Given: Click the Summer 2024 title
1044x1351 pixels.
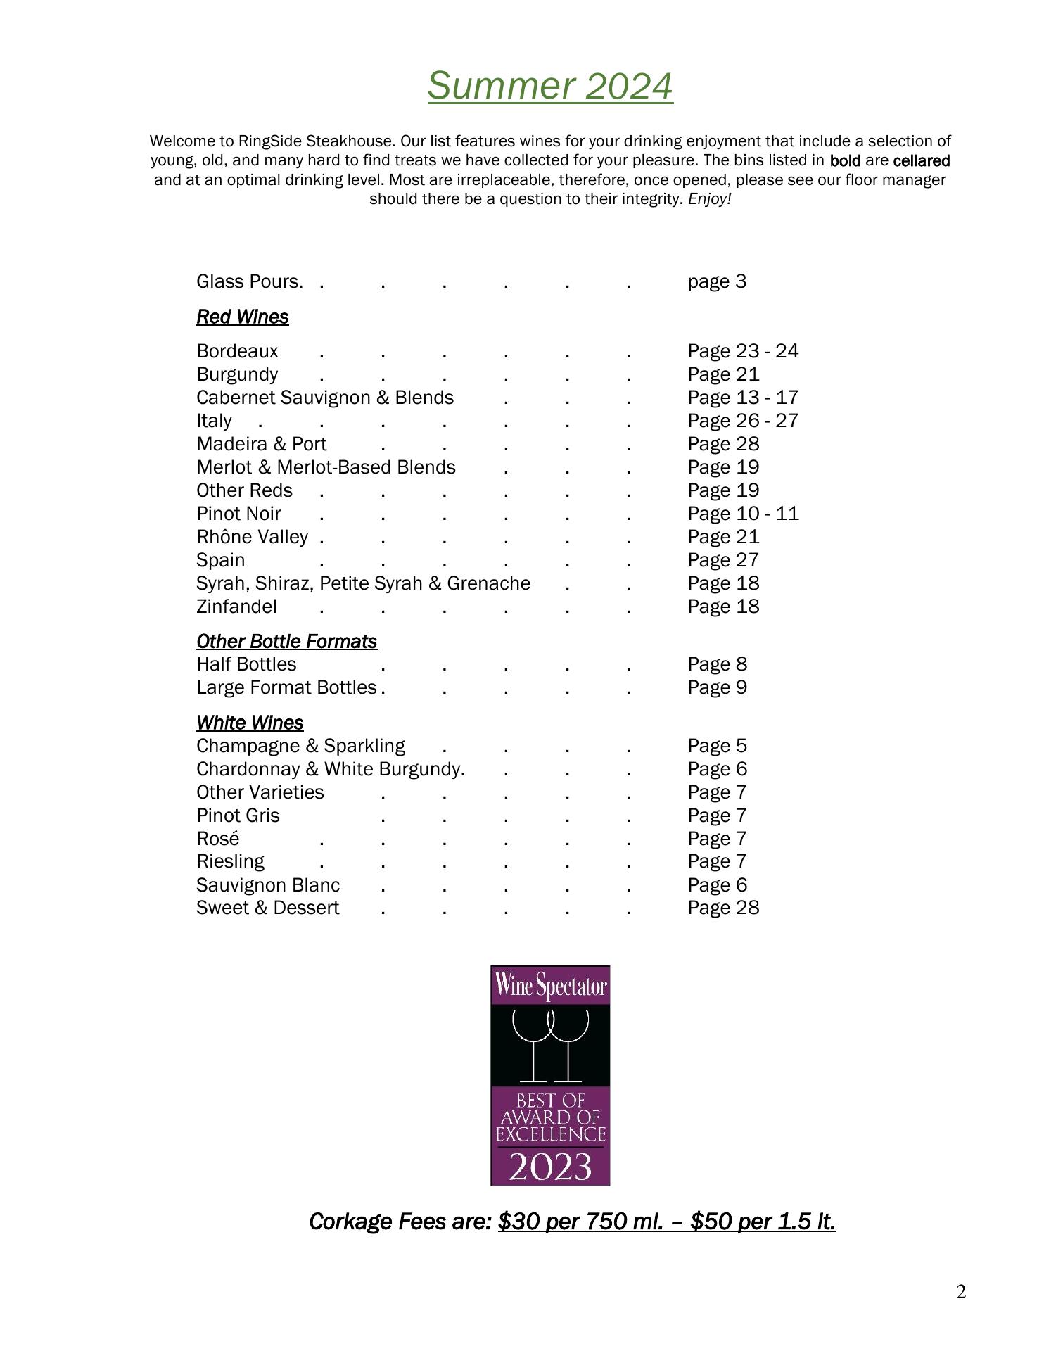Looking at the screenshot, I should (x=549, y=86).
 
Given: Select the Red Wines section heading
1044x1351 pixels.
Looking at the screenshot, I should (x=242, y=317).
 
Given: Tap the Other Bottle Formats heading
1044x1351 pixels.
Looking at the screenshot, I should (x=286, y=642).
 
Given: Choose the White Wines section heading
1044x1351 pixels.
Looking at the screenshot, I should (x=250, y=723).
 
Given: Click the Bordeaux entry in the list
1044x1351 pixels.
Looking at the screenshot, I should (x=237, y=351).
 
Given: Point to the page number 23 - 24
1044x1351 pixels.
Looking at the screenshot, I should (x=743, y=351).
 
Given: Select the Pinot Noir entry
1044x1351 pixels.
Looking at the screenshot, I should (x=238, y=514).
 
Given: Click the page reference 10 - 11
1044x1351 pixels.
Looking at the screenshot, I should (x=743, y=514).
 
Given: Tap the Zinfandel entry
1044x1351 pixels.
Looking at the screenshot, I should (x=236, y=607).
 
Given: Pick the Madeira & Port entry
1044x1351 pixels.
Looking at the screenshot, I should (x=262, y=444).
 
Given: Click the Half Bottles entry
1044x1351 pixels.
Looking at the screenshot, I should (x=246, y=664).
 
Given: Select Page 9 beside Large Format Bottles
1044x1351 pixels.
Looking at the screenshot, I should (x=717, y=687).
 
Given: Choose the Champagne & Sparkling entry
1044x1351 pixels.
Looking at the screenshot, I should (x=300, y=746).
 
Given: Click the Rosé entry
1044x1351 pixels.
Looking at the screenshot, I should (x=217, y=839).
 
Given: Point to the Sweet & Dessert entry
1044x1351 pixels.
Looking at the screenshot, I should (x=267, y=908).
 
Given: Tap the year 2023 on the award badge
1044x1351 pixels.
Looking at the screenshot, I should (x=550, y=1167).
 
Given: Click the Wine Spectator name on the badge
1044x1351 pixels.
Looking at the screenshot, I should (x=550, y=987).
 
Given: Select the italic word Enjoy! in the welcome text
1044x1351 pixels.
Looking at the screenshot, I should (x=709, y=199).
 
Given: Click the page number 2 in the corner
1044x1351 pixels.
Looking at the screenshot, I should (x=961, y=1292).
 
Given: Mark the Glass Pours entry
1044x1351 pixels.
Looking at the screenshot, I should (x=249, y=281).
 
